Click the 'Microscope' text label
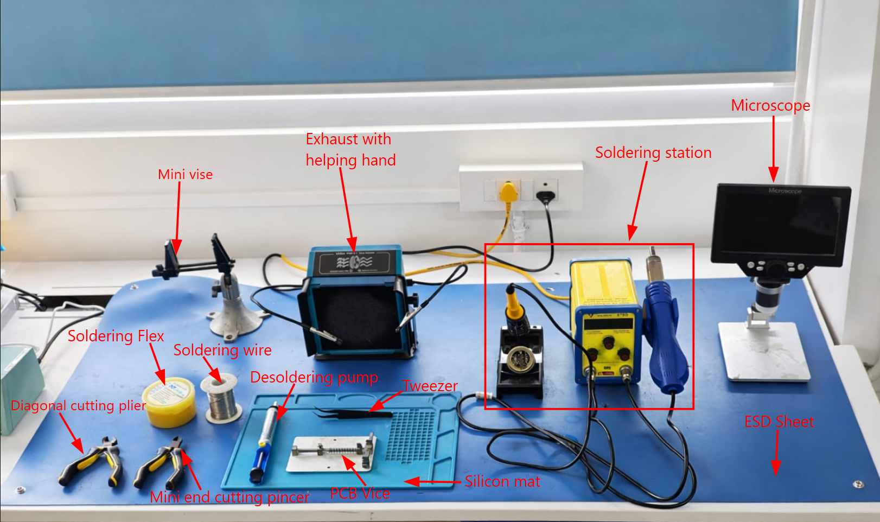770,105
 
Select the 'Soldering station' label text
653,153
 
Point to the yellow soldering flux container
169,401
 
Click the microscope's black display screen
781,222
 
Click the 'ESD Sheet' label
779,422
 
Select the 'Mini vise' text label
185,175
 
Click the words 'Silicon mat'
502,482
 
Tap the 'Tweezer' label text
431,386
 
